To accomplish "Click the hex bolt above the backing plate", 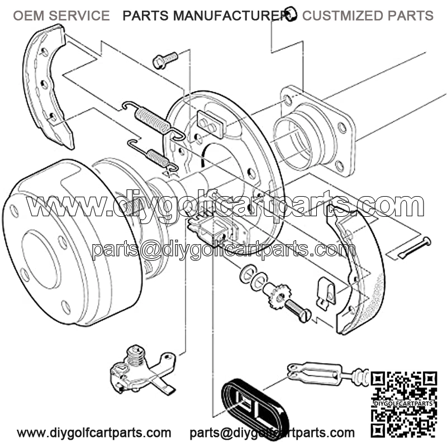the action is [x=165, y=60].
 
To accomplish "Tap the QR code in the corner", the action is [x=404, y=403].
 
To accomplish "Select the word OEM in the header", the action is [x=29, y=16].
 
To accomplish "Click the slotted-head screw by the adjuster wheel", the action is [x=298, y=311].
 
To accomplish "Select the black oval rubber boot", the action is [x=255, y=406].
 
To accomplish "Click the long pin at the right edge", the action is [x=415, y=248].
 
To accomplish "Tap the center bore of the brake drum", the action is [x=41, y=259].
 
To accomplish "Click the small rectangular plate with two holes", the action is [x=211, y=124].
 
